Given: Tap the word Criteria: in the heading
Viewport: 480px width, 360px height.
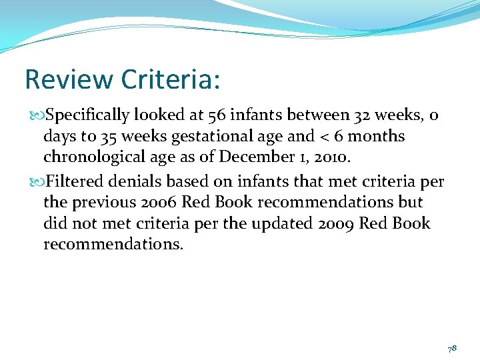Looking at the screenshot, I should (x=171, y=79).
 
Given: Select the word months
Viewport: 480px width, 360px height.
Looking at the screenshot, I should (x=379, y=137).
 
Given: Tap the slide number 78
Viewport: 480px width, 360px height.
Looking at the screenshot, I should (x=451, y=348).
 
